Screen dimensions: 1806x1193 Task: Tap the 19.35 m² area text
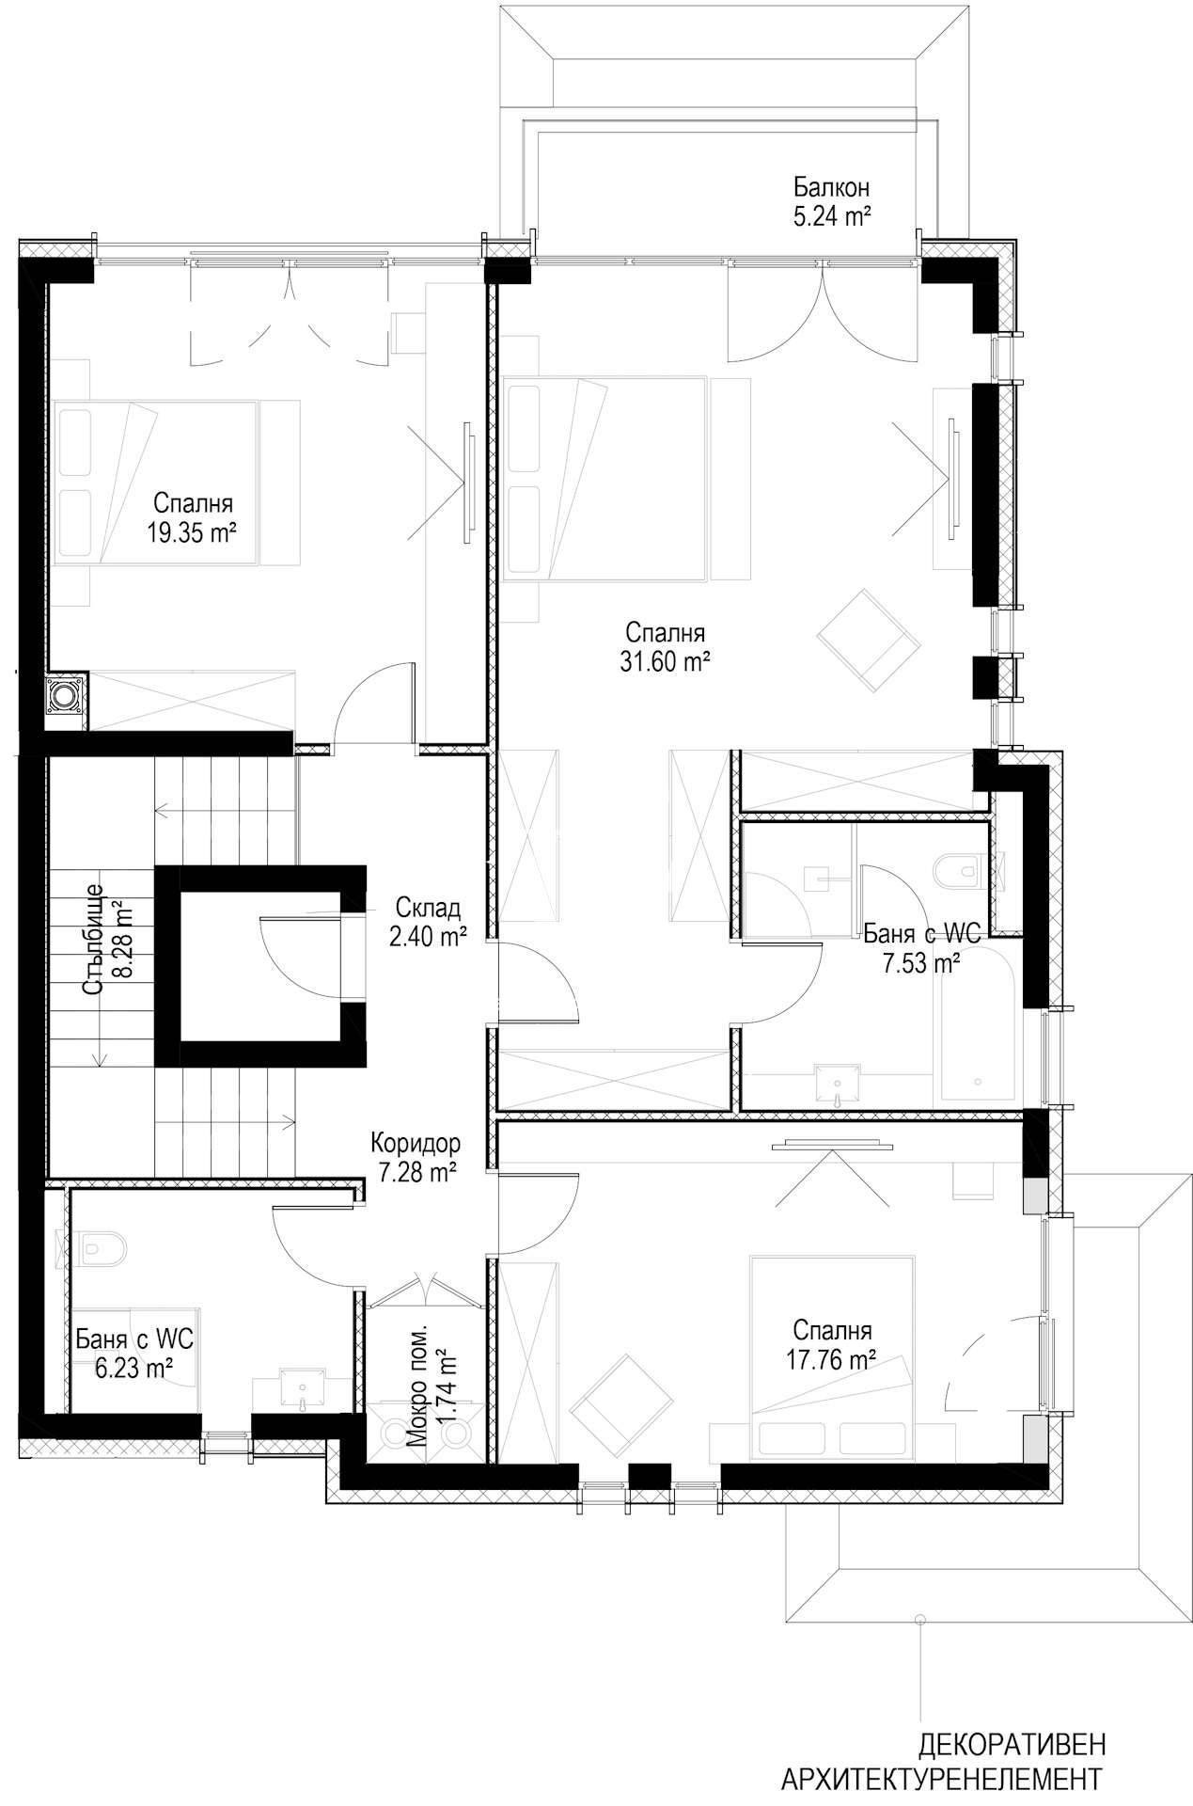pos(190,534)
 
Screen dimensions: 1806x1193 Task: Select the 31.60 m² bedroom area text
pos(664,662)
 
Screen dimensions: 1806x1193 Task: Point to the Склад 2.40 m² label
pos(428,923)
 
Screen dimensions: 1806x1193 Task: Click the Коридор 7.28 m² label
pos(415,1157)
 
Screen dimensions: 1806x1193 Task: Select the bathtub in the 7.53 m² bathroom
pos(978,1029)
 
